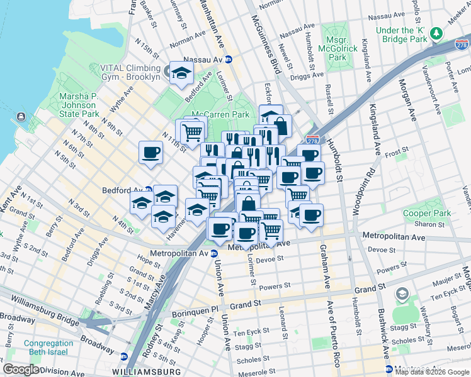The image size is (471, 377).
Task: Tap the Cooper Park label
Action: [428, 214]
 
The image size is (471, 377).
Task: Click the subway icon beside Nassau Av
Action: [229, 60]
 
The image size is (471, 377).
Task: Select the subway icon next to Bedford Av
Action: [149, 190]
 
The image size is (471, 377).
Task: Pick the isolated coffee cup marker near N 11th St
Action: [150, 153]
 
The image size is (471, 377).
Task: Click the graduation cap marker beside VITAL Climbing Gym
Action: [181, 72]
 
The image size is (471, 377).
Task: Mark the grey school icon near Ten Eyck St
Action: [401, 294]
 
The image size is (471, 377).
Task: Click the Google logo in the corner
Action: [21, 369]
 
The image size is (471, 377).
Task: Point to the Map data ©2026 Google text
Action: [432, 372]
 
